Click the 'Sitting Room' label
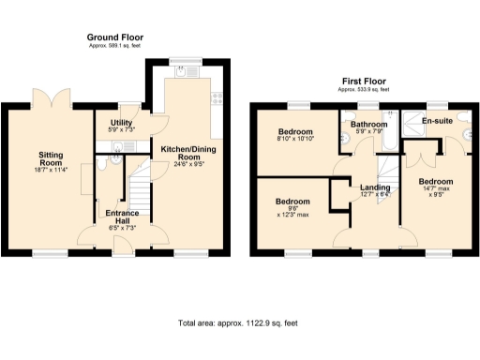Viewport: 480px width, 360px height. pyautogui.click(x=49, y=157)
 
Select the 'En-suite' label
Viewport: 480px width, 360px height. pyautogui.click(x=437, y=122)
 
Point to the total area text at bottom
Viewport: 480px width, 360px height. pyautogui.click(x=239, y=322)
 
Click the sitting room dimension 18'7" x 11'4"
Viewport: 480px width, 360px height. pyautogui.click(x=49, y=170)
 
